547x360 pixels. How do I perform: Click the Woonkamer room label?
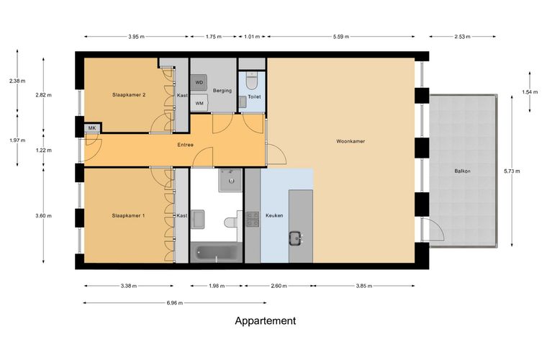[351, 141]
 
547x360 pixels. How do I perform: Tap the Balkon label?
[462, 171]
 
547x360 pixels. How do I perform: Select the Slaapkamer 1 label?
[128, 215]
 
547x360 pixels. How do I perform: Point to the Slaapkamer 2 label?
[129, 94]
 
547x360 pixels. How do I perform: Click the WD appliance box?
[199, 83]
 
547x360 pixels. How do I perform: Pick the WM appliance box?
[199, 103]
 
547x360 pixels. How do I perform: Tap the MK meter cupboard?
[92, 128]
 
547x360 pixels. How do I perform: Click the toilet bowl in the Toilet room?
[251, 81]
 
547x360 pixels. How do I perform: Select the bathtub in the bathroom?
[217, 253]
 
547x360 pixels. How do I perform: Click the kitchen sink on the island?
[296, 239]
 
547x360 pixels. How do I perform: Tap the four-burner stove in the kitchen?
[253, 219]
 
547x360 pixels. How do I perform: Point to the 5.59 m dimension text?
[341, 36]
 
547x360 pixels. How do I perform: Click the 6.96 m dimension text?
[175, 303]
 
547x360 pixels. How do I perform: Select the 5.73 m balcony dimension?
[512, 171]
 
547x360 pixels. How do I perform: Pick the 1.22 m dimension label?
[44, 150]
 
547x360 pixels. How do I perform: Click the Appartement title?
[266, 321]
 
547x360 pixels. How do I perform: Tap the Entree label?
[185, 145]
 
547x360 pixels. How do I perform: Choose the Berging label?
[222, 91]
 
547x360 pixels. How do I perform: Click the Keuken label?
[274, 215]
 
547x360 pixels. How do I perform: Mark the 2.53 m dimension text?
[462, 36]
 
